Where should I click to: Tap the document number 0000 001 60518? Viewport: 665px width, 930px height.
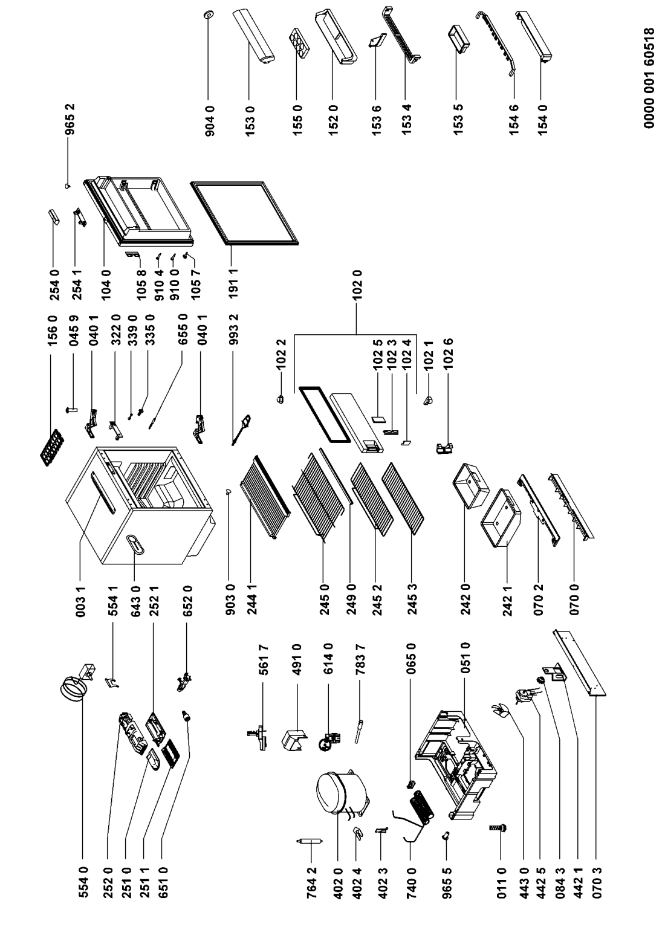coord(649,78)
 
